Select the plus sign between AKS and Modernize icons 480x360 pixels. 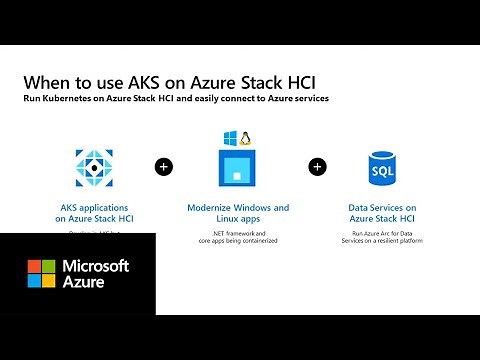(163, 166)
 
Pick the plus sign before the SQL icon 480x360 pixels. (317, 166)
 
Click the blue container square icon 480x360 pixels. (238, 167)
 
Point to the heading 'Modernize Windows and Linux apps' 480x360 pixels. (238, 213)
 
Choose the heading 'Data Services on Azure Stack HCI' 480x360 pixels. (383, 213)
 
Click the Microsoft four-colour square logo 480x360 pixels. (41, 274)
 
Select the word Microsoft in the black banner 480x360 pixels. (96, 266)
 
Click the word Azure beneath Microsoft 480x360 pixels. (86, 284)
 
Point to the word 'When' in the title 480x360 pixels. (46, 82)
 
